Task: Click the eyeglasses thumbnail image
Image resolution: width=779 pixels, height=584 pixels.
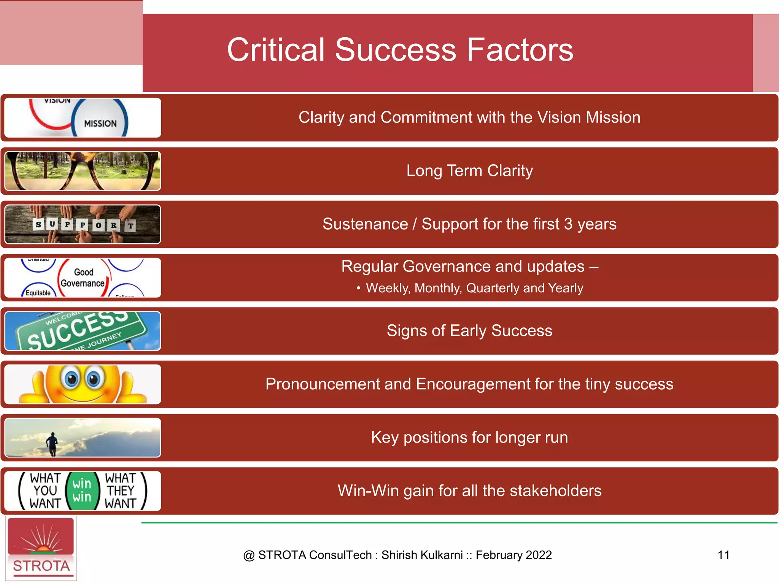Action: pyautogui.click(x=83, y=171)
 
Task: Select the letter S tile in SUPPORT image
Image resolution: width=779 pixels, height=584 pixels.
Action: pyautogui.click(x=38, y=224)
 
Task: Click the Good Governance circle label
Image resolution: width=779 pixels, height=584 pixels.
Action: pyautogui.click(x=83, y=278)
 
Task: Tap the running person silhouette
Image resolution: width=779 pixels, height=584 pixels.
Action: pyautogui.click(x=52, y=443)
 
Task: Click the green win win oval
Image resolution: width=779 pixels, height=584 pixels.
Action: pyautogui.click(x=82, y=490)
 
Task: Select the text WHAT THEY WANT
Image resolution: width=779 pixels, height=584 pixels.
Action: pyautogui.click(x=121, y=490)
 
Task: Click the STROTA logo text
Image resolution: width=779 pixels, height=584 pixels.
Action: pyautogui.click(x=41, y=566)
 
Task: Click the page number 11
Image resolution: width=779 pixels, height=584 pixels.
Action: pyautogui.click(x=723, y=555)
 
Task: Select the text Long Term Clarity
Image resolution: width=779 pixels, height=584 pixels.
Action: pyautogui.click(x=469, y=171)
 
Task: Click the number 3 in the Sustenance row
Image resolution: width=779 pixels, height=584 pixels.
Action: pyautogui.click(x=568, y=224)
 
